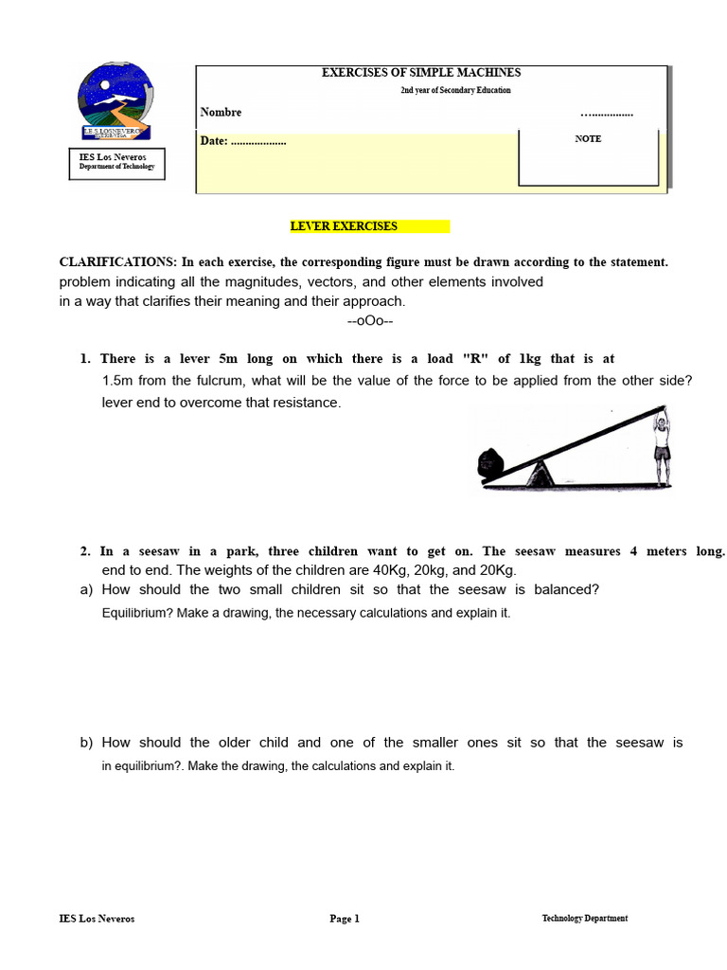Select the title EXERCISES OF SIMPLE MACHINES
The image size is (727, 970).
pyautogui.click(x=421, y=73)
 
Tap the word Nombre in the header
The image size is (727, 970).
pyautogui.click(x=221, y=113)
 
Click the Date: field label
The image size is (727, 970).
pyautogui.click(x=214, y=141)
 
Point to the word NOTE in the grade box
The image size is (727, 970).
pyautogui.click(x=588, y=138)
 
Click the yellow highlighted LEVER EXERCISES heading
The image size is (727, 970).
pyautogui.click(x=344, y=226)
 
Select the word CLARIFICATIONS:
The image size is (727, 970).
pyautogui.click(x=117, y=262)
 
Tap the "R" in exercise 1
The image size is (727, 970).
pyautogui.click(x=470, y=359)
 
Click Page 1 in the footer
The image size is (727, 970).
pyautogui.click(x=345, y=919)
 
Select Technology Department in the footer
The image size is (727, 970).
pyautogui.click(x=584, y=919)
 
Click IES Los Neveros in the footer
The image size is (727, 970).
pyautogui.click(x=97, y=919)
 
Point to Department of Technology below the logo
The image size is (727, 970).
pyautogui.click(x=116, y=167)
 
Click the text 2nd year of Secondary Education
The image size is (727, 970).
pyautogui.click(x=455, y=90)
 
